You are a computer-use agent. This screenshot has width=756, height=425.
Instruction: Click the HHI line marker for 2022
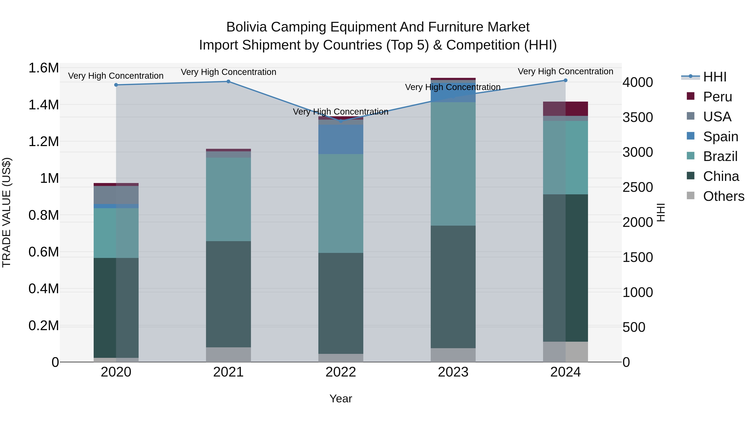341,121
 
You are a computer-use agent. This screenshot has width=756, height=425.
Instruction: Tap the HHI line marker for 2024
566,80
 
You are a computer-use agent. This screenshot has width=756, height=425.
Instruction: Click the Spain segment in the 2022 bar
341,139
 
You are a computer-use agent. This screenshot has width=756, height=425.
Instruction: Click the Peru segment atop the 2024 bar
566,109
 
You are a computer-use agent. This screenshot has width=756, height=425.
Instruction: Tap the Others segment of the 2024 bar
566,352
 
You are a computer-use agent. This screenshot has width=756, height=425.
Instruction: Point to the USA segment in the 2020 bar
116,195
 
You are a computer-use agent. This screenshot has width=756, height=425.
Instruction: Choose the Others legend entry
723,196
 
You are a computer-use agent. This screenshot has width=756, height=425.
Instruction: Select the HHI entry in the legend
715,77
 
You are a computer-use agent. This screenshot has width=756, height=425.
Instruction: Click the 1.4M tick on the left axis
43,105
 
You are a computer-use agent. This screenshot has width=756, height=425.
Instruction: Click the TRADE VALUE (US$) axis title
7,212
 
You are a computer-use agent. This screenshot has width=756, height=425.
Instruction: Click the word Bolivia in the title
246,27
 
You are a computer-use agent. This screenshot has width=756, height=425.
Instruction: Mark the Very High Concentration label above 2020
116,76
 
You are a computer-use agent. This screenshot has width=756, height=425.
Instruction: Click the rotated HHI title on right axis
661,212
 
